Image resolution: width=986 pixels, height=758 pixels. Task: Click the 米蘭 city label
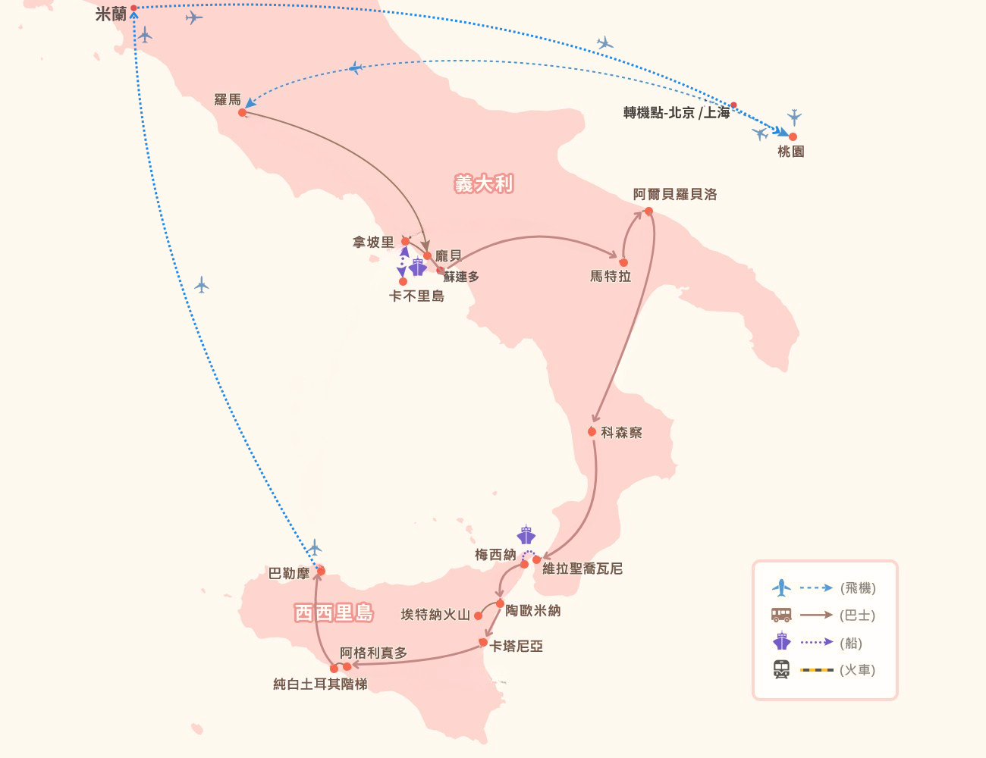coord(111,14)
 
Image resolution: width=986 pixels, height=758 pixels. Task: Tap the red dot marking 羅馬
coord(242,112)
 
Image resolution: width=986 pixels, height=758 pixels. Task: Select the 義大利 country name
coord(484,183)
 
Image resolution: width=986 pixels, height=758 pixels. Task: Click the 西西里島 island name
coord(334,612)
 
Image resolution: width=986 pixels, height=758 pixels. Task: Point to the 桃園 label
coord(790,152)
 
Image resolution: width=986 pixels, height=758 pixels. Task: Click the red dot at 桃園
coord(793,137)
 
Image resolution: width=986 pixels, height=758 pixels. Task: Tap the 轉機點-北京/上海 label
coord(676,113)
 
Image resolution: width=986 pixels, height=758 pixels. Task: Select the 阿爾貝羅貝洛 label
coord(675,194)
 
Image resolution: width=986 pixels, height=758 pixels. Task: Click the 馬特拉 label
coord(611,277)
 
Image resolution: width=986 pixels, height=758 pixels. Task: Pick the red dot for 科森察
coord(592,431)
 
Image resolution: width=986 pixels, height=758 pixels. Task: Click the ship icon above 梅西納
coord(526,534)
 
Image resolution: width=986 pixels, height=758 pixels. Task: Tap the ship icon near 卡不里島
coord(417,267)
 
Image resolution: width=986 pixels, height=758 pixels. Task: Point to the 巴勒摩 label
coord(289,574)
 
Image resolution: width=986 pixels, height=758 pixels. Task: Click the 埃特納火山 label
coord(435,615)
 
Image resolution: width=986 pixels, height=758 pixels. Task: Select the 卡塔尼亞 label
coord(517,647)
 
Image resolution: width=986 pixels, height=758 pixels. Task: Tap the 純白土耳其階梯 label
coord(320,684)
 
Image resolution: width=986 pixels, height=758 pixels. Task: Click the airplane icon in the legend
coord(781,587)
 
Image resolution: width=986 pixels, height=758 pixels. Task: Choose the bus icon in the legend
coord(781,615)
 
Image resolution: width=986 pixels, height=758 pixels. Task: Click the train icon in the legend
coord(781,670)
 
